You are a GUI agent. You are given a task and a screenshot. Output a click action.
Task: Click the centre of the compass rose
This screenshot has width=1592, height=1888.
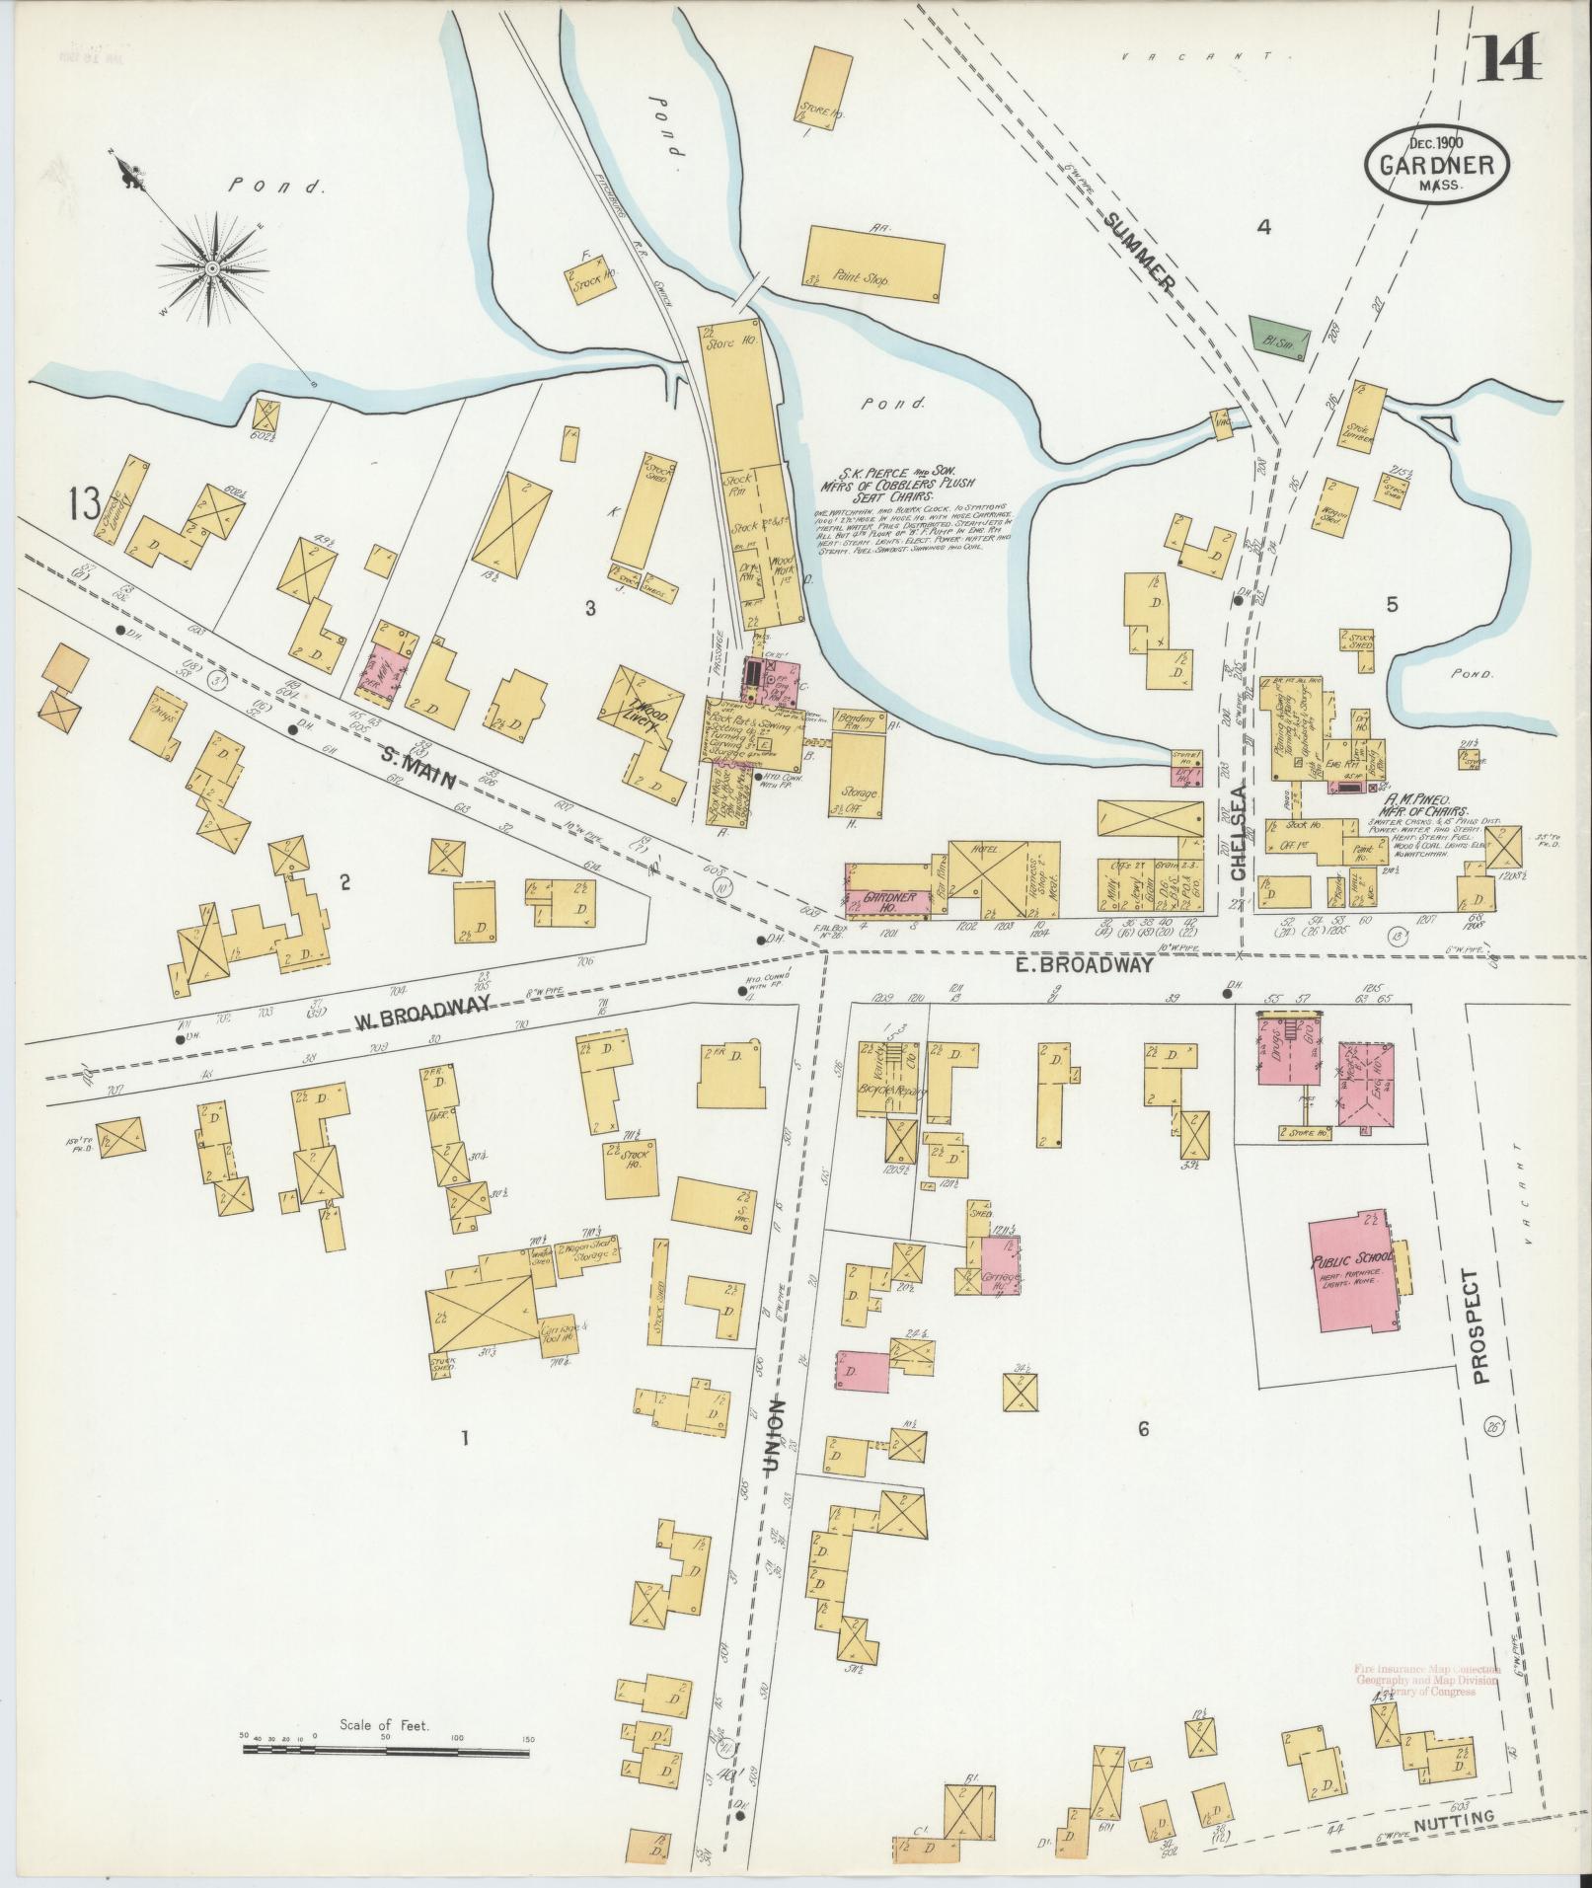pyautogui.click(x=211, y=267)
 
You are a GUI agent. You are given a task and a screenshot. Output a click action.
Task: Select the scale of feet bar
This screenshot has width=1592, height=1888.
pyautogui.click(x=388, y=1058)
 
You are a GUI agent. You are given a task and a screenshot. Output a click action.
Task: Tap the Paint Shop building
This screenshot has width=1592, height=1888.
pyautogui.click(x=872, y=262)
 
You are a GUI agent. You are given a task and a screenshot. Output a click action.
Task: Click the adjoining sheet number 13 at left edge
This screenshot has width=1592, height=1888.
pyautogui.click(x=84, y=505)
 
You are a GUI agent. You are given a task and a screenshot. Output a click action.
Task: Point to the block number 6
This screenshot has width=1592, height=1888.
pyautogui.click(x=1143, y=1428)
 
